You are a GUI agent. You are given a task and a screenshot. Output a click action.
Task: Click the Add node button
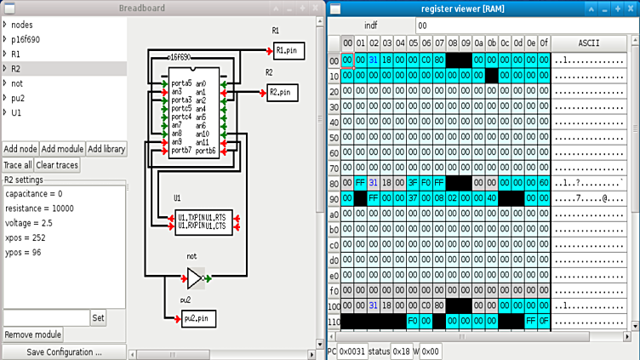tap(20, 149)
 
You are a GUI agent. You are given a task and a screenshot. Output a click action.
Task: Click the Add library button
tap(106, 149)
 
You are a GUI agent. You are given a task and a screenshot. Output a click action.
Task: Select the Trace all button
tap(17, 164)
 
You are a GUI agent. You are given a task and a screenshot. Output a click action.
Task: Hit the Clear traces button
tap(57, 164)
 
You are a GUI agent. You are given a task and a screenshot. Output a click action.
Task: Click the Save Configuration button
tap(64, 351)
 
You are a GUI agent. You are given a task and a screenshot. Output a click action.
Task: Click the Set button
tap(99, 317)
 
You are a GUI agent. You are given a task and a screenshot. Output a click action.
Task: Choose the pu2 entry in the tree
tap(18, 97)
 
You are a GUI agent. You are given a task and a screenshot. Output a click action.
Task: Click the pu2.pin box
tap(198, 317)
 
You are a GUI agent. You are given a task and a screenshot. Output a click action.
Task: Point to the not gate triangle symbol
tap(195, 277)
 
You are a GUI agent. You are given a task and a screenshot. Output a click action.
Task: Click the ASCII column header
tap(588, 43)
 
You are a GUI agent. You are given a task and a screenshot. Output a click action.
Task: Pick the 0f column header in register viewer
tap(544, 43)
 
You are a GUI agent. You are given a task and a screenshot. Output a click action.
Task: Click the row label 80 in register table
tap(334, 181)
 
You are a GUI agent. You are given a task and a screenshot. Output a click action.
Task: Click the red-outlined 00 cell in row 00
tap(347, 60)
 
